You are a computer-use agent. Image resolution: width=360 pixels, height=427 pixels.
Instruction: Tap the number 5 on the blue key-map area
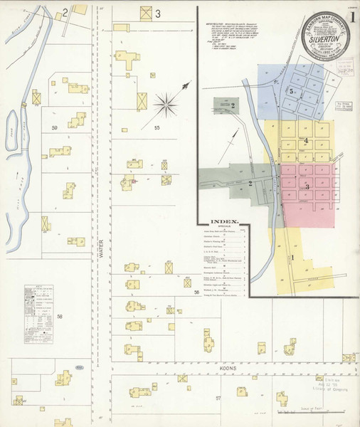point(292,92)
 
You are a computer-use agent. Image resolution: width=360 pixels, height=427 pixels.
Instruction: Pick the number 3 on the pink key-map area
point(307,186)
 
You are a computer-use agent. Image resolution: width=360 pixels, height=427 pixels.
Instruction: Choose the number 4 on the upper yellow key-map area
point(306,140)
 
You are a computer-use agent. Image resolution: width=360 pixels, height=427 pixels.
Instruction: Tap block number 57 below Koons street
point(218,398)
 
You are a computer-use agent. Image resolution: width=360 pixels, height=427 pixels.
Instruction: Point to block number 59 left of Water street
point(55,127)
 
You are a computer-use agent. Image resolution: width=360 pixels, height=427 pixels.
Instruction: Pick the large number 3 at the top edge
point(158,14)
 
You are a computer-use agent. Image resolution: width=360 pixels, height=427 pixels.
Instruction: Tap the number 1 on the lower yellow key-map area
point(292,257)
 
